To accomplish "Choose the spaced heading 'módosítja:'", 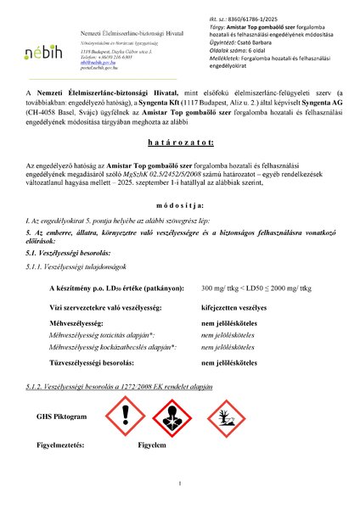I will click(x=179, y=230).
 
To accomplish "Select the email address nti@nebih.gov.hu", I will click(x=89, y=64).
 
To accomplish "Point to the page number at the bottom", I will click(x=180, y=484).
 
